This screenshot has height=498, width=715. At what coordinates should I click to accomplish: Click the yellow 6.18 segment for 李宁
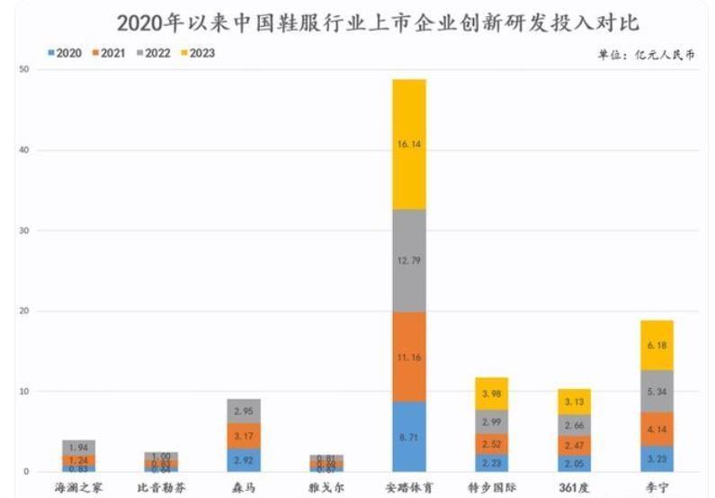(657, 345)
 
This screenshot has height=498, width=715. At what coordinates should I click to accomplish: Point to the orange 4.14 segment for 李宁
(657, 430)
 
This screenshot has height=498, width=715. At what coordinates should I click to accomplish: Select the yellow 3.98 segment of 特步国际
(491, 394)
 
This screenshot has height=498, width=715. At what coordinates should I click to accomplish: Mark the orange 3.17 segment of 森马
(244, 436)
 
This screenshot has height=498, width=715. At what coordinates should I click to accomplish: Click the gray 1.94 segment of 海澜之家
(78, 447)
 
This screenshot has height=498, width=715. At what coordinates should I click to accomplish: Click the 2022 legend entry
(153, 52)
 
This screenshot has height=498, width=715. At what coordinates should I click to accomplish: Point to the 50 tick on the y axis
(24, 69)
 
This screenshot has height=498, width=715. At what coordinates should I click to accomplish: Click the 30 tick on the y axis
(24, 231)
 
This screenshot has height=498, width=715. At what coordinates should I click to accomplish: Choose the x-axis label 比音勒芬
(161, 487)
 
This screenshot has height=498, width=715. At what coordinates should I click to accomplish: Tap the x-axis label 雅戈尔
(326, 487)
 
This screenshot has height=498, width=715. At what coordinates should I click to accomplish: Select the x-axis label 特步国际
(491, 487)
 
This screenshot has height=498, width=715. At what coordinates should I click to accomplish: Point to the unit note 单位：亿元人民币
(646, 55)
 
